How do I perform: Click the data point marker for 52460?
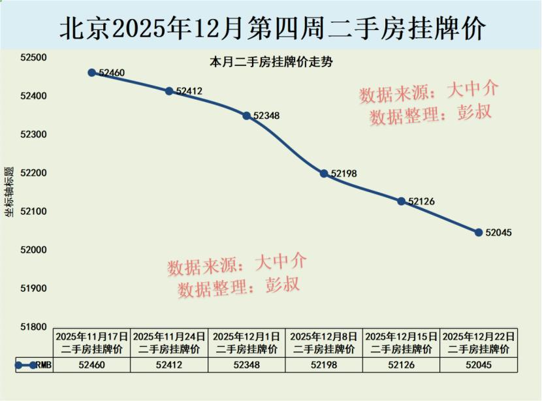(x=92, y=72)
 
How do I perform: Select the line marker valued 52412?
(x=169, y=91)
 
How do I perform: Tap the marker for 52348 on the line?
(x=247, y=116)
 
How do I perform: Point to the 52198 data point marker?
(x=324, y=173)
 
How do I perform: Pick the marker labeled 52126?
(x=402, y=201)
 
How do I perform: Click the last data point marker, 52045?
(x=479, y=232)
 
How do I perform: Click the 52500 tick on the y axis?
(x=34, y=58)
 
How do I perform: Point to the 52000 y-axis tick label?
(x=34, y=250)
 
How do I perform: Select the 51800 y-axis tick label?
(x=34, y=327)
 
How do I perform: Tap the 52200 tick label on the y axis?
(x=34, y=173)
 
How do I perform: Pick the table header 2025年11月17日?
(x=91, y=336)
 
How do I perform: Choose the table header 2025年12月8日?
(x=324, y=336)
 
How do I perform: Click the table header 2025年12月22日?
(x=479, y=336)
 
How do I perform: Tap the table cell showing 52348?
(x=247, y=365)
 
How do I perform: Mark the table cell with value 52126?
(x=402, y=365)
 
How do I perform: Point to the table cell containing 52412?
(x=169, y=365)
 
